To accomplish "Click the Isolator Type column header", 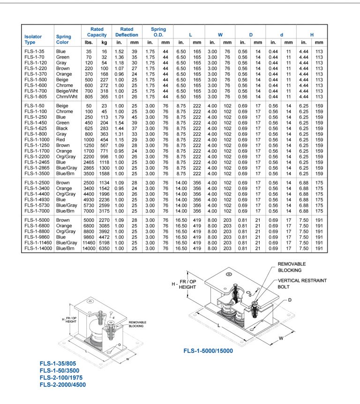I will click(33, 39).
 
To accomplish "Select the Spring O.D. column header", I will click(158, 32).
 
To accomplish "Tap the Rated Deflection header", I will click(127, 32).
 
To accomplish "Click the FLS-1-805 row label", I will click(35, 96).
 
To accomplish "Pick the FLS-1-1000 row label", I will click(37, 140).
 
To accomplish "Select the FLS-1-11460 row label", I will click(38, 243).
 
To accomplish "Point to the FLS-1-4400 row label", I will click(37, 194).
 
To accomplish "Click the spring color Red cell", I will click(60, 140).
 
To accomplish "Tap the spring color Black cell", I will click(62, 128).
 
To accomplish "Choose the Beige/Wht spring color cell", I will click(67, 90).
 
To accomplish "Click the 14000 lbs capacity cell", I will click(89, 248).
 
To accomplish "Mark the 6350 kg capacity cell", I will click(104, 248).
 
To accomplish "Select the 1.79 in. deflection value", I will click(120, 117).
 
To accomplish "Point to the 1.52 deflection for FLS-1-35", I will click(120, 51).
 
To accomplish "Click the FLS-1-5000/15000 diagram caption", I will click(208, 350).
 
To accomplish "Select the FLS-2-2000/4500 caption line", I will click(63, 384).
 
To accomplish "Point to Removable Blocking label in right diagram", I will click(292, 267).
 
